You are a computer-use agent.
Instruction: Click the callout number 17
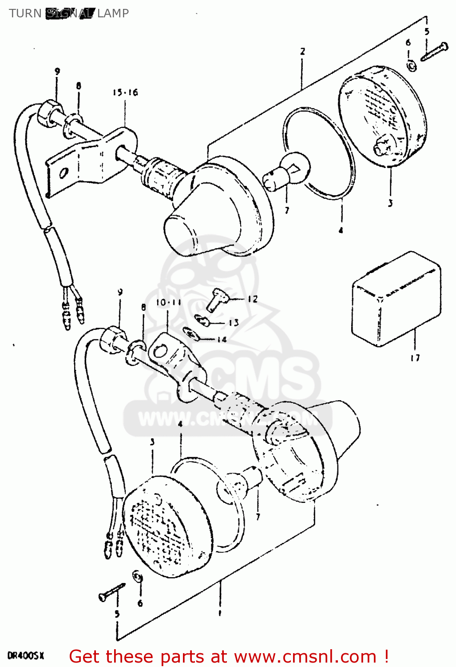(x=415, y=358)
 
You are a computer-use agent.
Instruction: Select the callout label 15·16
(x=125, y=92)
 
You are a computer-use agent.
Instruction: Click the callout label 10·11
(x=168, y=302)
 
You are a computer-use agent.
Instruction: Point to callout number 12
(x=252, y=299)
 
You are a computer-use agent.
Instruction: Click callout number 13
(x=234, y=322)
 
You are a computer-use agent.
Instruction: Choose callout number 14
(x=222, y=339)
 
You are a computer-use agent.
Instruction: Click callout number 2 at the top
(x=302, y=51)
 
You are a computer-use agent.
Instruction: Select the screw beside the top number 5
(x=434, y=51)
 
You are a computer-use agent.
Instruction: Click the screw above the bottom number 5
(x=111, y=592)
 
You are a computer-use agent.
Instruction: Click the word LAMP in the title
(x=113, y=13)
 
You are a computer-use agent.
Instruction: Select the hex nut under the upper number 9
(x=48, y=112)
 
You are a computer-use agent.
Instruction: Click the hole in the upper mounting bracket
(x=64, y=173)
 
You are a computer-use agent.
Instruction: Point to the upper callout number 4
(x=341, y=230)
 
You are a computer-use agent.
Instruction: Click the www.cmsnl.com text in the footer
(x=305, y=656)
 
